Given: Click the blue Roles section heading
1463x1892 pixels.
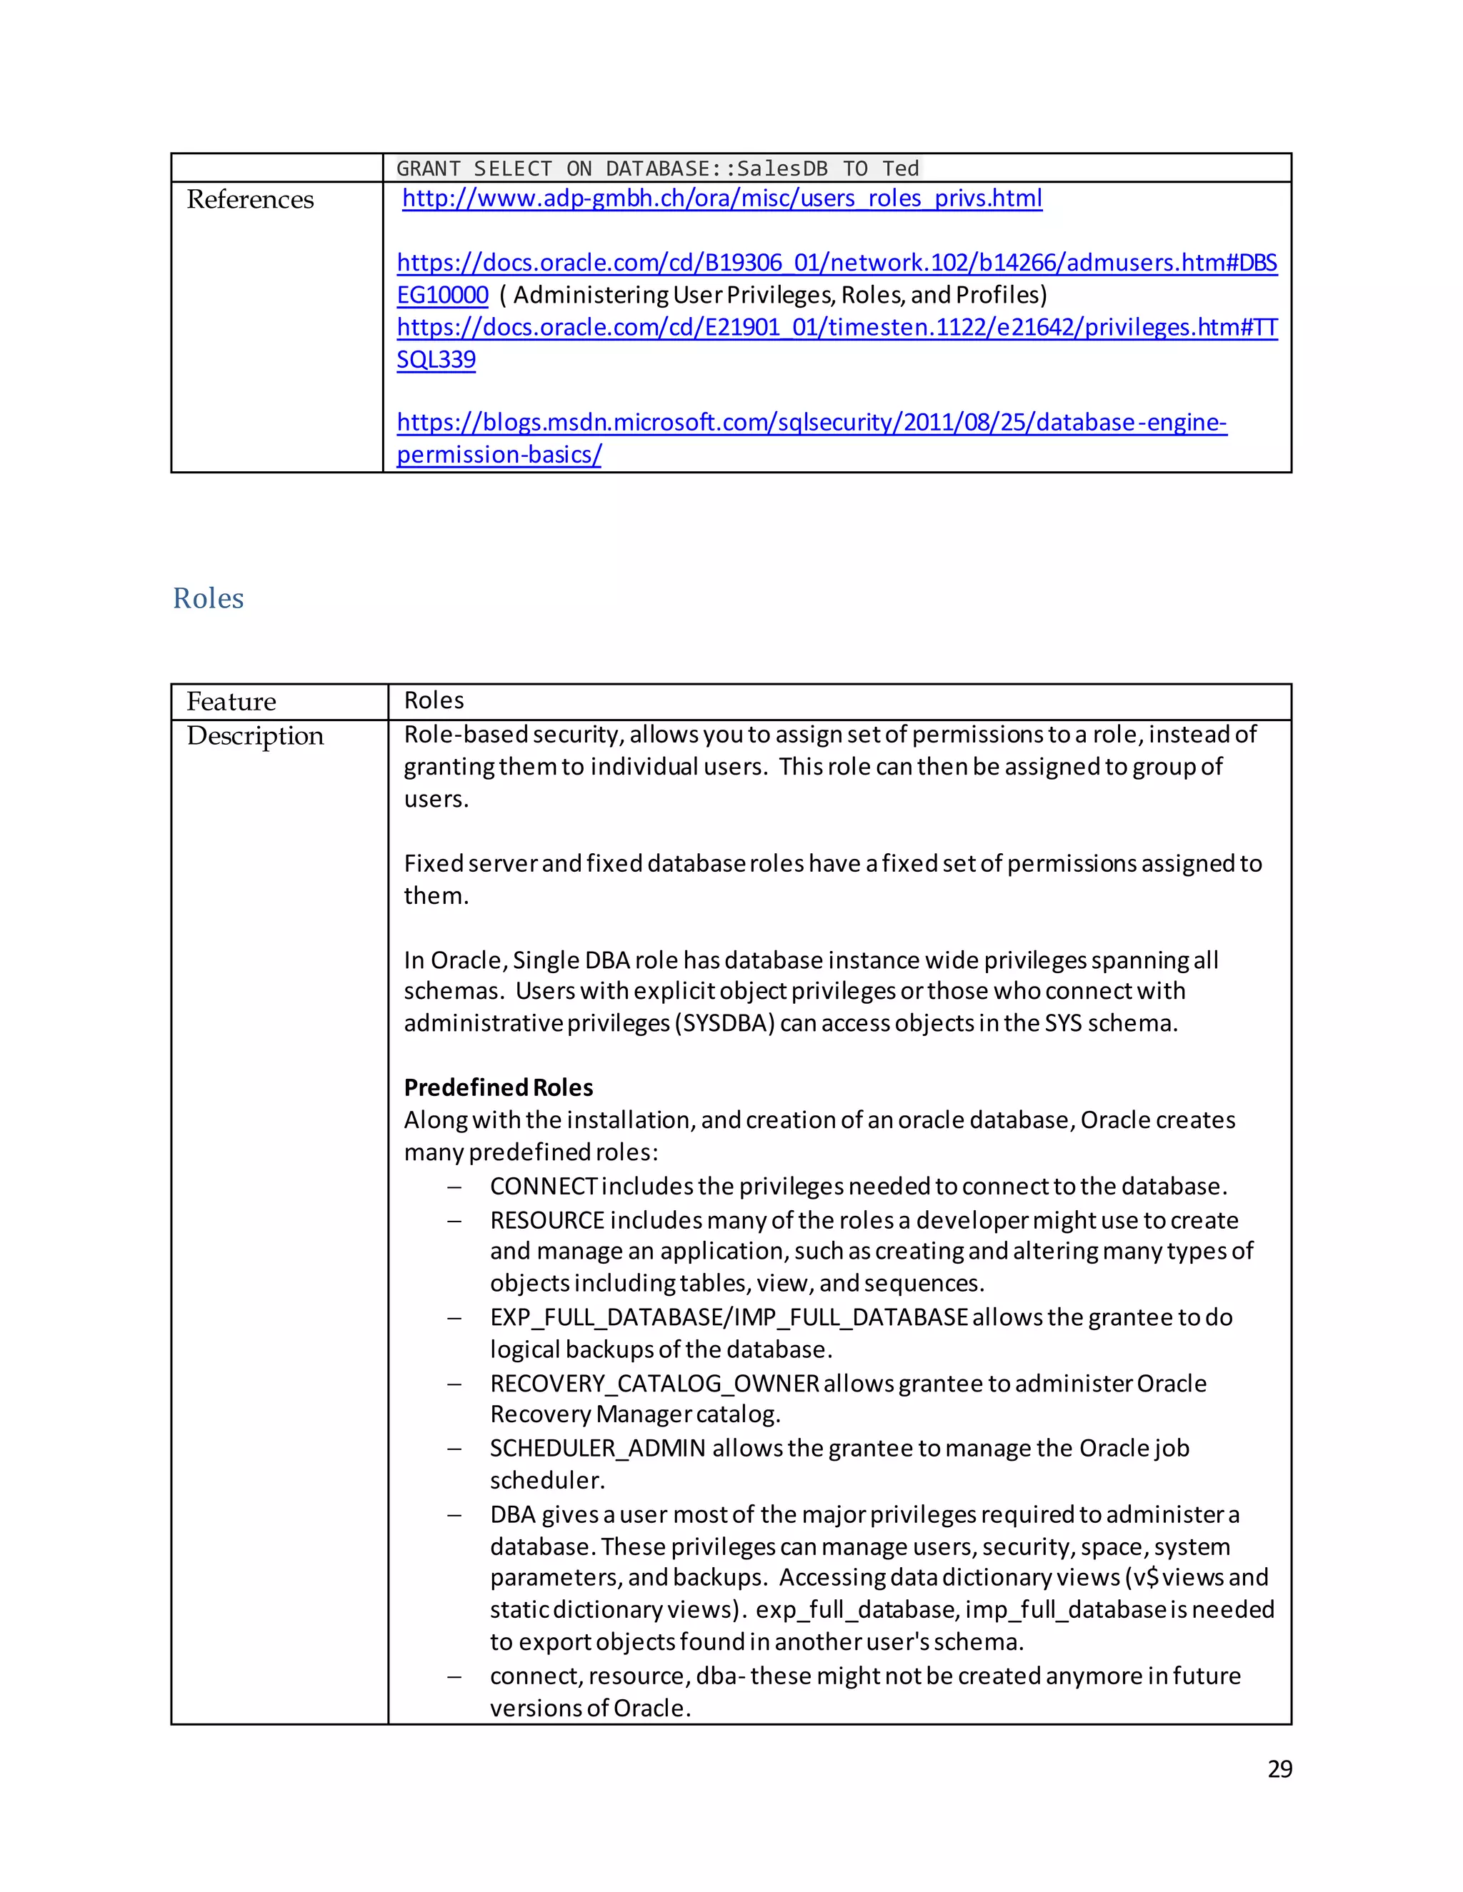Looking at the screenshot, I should pos(208,598).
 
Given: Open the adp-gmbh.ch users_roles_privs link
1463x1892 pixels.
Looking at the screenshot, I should pos(721,198).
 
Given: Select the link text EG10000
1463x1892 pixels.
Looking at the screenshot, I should pos(442,296).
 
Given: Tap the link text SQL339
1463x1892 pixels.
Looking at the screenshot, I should pos(436,360).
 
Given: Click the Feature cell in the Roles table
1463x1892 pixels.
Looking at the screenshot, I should pos(231,701).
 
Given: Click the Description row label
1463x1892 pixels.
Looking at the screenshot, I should pos(255,735).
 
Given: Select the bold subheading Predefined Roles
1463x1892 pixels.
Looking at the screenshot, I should pos(499,1087).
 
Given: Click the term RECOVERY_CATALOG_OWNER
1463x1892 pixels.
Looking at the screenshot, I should pos(654,1384).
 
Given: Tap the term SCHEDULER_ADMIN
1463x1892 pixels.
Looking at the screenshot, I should pos(597,1448).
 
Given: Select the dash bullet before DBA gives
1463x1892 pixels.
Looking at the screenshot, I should pos(454,1515).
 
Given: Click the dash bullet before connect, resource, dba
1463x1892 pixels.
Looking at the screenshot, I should pos(454,1676).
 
